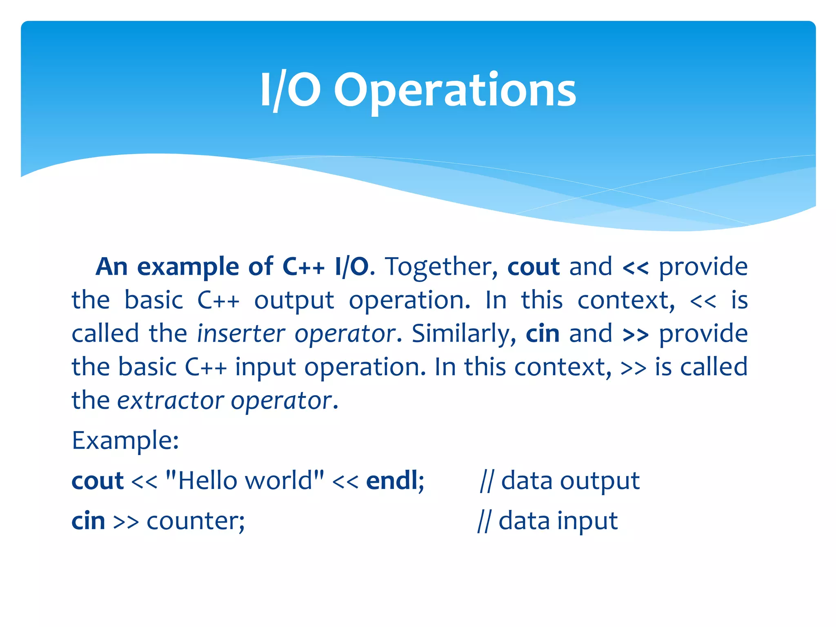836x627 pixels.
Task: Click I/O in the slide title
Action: tap(290, 91)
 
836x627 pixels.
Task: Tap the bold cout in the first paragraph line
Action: tap(533, 267)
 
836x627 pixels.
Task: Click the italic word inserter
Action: tap(241, 334)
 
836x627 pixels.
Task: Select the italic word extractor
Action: tap(170, 401)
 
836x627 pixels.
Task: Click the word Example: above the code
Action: tap(125, 441)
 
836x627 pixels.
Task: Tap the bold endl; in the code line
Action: tap(395, 480)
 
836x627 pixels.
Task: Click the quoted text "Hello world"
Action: tap(245, 480)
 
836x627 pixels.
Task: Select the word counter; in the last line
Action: tap(196, 521)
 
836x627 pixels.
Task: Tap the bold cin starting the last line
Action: tap(88, 521)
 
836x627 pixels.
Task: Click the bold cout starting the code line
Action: tap(97, 481)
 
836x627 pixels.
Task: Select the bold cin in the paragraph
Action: tap(542, 334)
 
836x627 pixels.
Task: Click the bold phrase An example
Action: tap(167, 267)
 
